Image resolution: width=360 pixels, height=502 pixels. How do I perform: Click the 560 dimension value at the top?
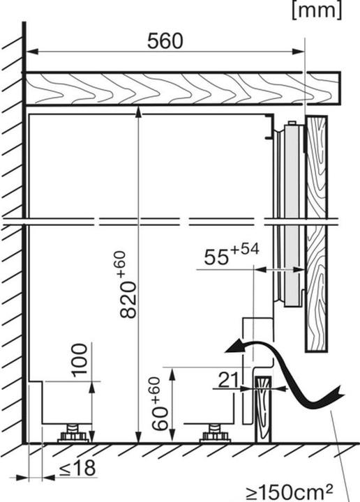pyautogui.click(x=165, y=41)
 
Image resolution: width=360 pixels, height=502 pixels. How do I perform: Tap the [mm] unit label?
pyautogui.click(x=317, y=11)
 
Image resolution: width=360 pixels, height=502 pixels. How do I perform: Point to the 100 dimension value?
pyautogui.click(x=79, y=360)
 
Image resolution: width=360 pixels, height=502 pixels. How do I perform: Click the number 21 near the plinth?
pyautogui.click(x=228, y=380)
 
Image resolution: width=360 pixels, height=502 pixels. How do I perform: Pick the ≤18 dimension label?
pyautogui.click(x=77, y=468)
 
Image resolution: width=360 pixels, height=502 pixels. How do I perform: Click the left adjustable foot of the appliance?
pyautogui.click(x=73, y=434)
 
